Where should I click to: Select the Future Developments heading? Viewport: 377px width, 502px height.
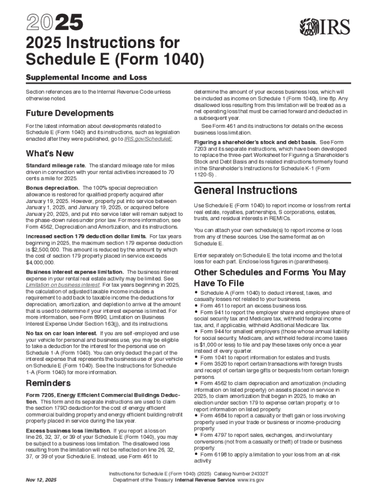tap(70, 113)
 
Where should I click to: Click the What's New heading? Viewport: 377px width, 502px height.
tap(49, 153)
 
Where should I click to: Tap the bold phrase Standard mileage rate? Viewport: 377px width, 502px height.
tap(55, 165)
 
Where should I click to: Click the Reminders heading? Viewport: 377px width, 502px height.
tap(48, 383)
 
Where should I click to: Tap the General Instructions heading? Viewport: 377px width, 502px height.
tap(245, 190)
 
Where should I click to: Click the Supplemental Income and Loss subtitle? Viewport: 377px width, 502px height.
tap(86, 77)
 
